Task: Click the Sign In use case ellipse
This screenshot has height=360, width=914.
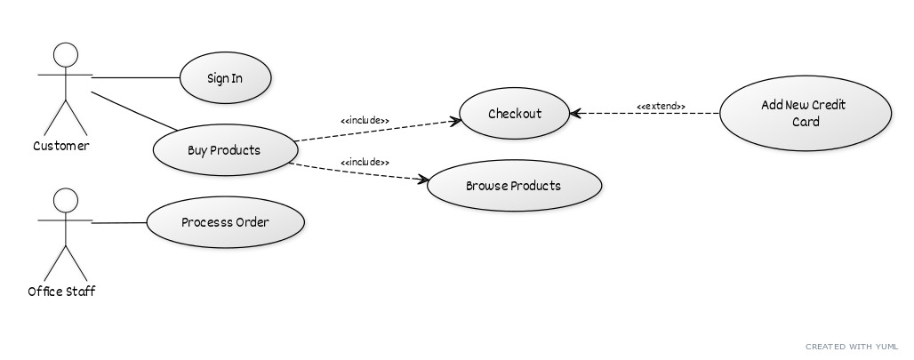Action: (225, 78)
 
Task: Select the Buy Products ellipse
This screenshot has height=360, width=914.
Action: (224, 150)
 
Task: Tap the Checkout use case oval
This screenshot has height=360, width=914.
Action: (515, 114)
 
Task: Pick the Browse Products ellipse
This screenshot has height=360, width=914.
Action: (514, 186)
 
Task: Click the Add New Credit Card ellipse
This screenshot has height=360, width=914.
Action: (805, 113)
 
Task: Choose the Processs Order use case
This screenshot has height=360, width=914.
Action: (225, 222)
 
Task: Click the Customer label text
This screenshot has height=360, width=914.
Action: (61, 146)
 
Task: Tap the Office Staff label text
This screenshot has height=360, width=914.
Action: (61, 292)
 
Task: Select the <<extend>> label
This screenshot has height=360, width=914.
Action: (661, 107)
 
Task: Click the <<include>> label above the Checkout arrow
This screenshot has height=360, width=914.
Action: (365, 120)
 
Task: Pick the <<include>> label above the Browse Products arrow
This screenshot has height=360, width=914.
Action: (365, 162)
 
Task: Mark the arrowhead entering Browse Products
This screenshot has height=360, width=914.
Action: (422, 180)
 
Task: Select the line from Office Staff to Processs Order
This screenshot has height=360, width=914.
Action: (118, 222)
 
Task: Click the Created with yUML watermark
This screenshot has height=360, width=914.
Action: (852, 347)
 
